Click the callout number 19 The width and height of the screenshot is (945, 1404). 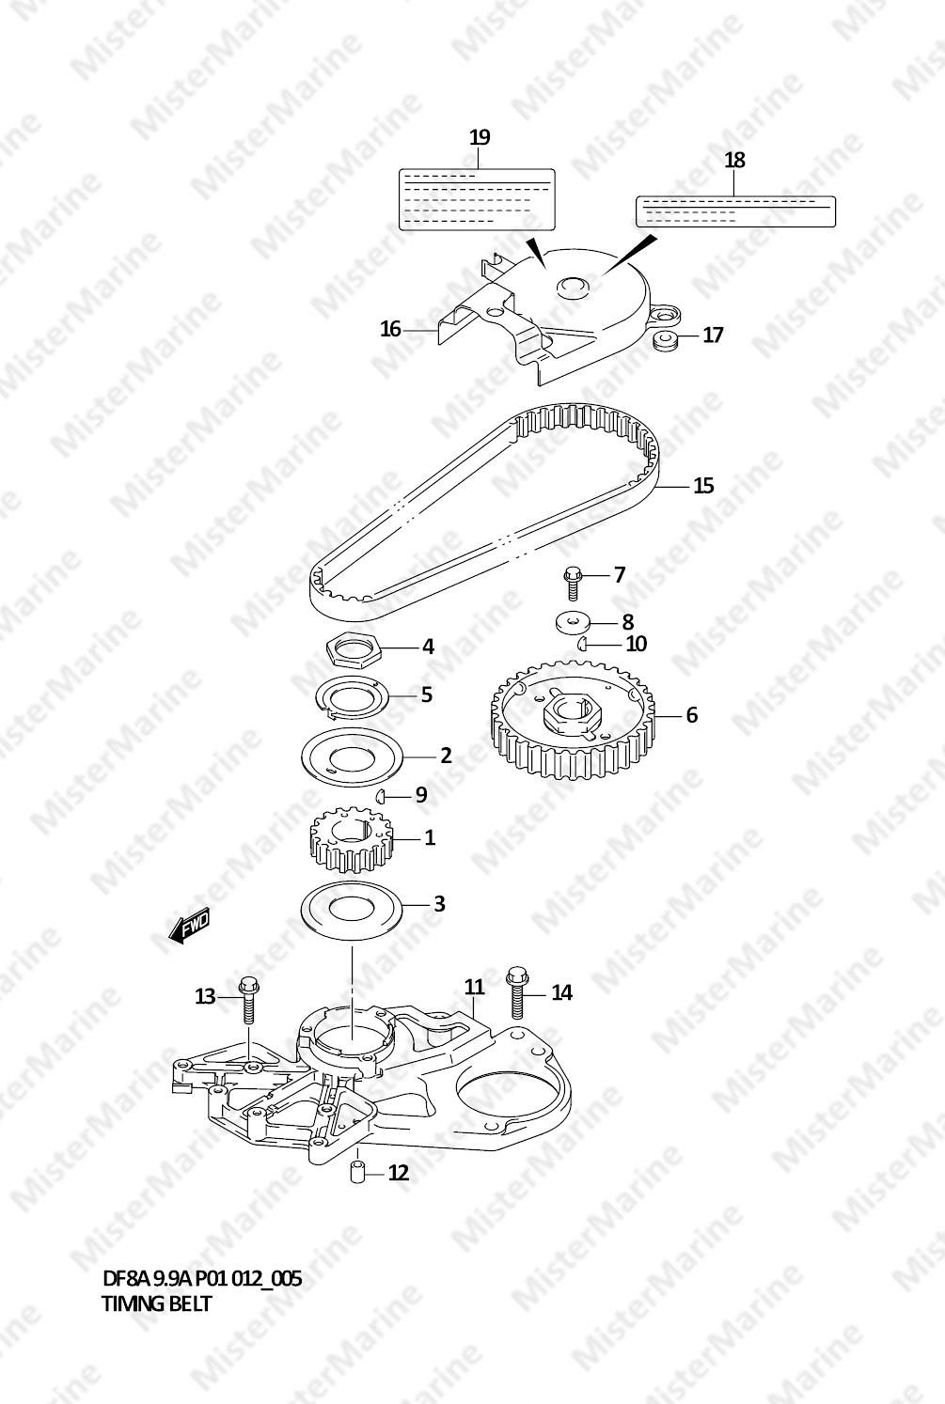480,136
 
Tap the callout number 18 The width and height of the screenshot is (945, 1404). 734,160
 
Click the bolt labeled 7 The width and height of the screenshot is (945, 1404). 573,585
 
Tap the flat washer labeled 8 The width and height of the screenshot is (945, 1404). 574,622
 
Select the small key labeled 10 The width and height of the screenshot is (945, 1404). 581,643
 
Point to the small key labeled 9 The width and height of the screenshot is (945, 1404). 380,796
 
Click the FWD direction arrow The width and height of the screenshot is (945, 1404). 189,925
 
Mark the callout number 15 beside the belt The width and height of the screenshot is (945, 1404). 703,486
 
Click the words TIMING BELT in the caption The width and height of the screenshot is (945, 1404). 156,1303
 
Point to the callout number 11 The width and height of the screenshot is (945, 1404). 474,987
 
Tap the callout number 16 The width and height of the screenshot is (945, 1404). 390,329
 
